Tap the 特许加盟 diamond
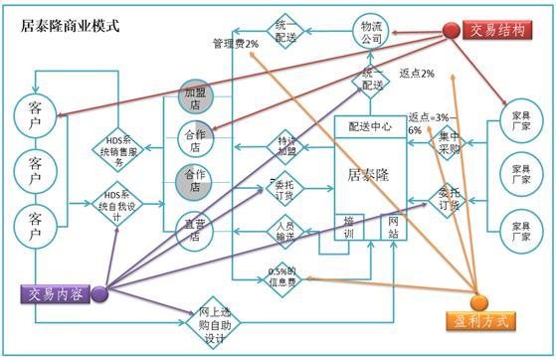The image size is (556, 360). point(285,143)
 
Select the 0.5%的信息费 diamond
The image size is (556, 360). point(285,271)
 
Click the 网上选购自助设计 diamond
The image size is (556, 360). point(214,320)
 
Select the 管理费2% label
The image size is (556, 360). point(236,44)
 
